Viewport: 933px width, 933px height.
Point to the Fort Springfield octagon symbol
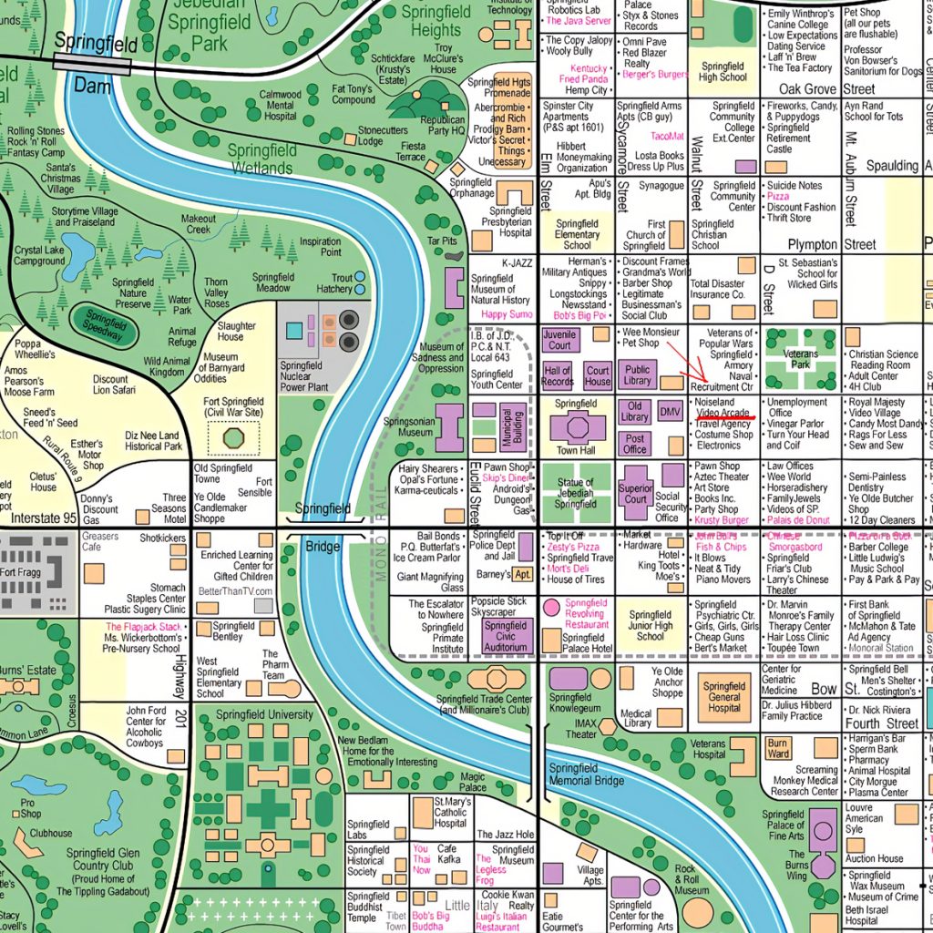233,438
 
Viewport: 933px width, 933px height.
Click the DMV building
670,413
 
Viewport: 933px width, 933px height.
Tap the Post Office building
635,444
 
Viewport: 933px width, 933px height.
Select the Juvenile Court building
559,340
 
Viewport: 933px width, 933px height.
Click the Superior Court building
635,493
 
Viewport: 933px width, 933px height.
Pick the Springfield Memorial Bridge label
586,774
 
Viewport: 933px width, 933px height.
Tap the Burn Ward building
777,749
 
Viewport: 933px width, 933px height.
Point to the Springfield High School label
723,72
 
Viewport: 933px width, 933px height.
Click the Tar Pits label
443,241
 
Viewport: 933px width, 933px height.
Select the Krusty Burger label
721,521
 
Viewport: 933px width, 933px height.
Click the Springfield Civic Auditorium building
505,637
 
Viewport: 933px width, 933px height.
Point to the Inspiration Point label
320,247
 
